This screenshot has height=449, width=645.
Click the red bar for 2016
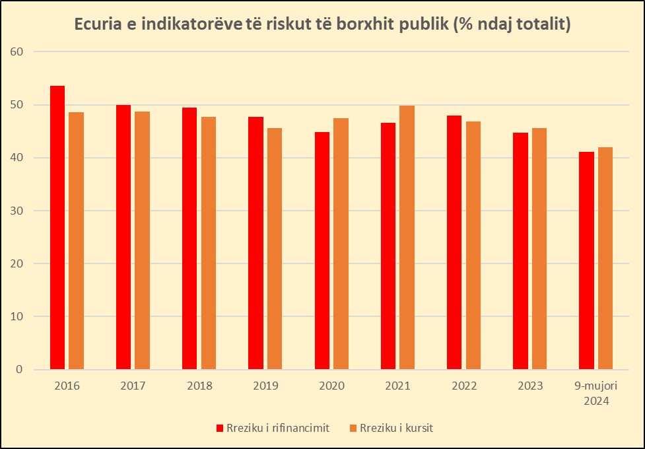tap(57, 228)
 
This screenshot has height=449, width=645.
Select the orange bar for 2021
tap(407, 238)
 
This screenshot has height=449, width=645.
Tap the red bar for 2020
tap(322, 251)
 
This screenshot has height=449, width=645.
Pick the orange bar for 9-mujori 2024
tap(605, 258)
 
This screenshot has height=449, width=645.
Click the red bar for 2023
tap(520, 251)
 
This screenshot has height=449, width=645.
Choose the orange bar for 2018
tap(209, 243)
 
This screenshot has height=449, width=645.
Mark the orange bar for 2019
tap(275, 249)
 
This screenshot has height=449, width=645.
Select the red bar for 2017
tap(123, 237)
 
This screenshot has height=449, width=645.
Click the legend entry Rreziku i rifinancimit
tap(272, 428)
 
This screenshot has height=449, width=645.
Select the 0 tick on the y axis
tap(20, 370)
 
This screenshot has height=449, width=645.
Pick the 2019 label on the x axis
tap(265, 386)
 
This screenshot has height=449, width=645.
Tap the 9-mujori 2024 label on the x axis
tap(596, 393)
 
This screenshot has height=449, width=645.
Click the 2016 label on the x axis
tap(67, 386)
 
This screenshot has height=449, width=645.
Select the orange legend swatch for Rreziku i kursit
tap(353, 428)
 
